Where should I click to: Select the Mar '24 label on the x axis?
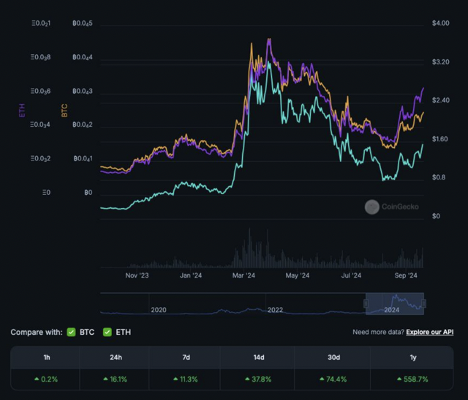pyautogui.click(x=244, y=276)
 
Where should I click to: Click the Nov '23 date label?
pyautogui.click(x=137, y=276)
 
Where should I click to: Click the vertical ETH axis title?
pyautogui.click(x=22, y=110)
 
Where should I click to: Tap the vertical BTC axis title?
pyautogui.click(x=64, y=110)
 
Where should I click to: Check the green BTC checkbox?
pyautogui.click(x=72, y=333)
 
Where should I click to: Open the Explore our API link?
pyautogui.click(x=432, y=333)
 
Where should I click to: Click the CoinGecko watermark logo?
pyautogui.click(x=371, y=207)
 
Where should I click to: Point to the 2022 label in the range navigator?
pyautogui.click(x=275, y=310)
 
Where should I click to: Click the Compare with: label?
pyautogui.click(x=36, y=333)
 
